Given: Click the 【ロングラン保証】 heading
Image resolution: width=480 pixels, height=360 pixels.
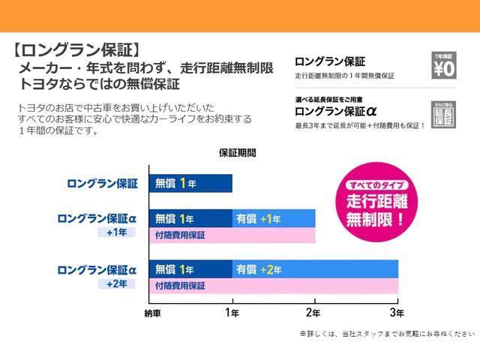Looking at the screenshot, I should (76, 51).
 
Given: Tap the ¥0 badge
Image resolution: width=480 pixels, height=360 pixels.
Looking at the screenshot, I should (444, 67).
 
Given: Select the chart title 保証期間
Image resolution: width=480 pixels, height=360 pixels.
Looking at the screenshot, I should (237, 153).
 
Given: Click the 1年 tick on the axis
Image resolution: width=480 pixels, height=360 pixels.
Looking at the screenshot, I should (232, 312).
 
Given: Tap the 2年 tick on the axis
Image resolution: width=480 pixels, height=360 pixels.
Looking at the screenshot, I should (315, 312).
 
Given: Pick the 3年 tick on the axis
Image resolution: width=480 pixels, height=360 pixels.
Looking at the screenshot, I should (397, 312).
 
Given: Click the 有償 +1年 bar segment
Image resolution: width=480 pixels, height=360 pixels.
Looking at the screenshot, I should (274, 219).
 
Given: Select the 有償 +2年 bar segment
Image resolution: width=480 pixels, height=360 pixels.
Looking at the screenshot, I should (315, 268).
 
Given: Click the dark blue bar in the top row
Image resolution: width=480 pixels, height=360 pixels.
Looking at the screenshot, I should (190, 183).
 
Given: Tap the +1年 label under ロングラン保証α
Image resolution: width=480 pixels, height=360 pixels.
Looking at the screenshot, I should (117, 232).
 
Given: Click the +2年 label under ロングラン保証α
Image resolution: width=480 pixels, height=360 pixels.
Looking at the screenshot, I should (117, 283).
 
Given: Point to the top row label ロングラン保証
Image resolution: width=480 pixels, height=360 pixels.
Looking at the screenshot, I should (102, 183).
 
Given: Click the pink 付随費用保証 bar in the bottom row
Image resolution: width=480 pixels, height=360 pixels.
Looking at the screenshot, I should (274, 286).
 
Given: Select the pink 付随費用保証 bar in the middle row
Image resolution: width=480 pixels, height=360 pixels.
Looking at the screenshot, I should (232, 235).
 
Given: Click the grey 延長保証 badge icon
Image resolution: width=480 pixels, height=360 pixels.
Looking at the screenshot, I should (444, 113).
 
